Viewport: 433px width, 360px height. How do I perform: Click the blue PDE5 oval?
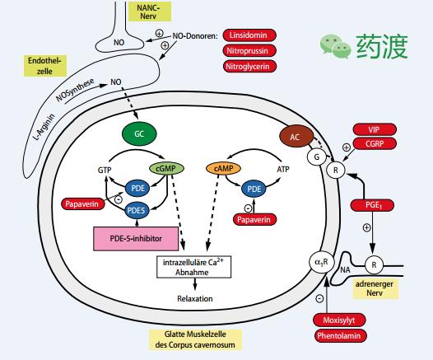coord(137,210)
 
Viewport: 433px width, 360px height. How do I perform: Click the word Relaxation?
coord(193,299)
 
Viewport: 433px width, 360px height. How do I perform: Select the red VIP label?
coord(375,129)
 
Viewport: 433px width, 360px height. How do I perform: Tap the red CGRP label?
coord(375,143)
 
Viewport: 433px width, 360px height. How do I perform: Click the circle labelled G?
coord(314,157)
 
